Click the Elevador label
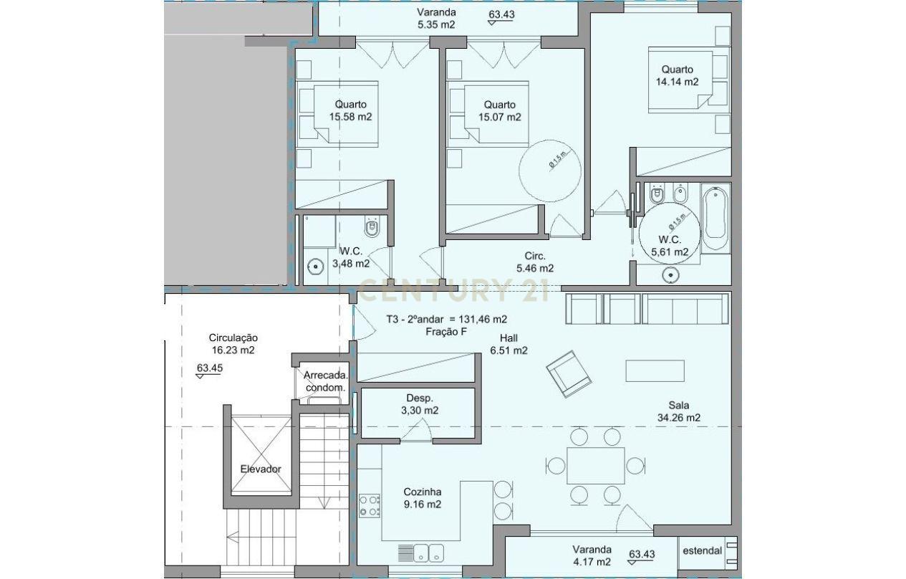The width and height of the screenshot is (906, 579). tap(261, 469)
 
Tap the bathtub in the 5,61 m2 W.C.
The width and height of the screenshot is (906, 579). tap(716, 218)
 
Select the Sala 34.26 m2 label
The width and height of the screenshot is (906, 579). tap(678, 411)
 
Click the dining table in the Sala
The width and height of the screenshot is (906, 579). tap(595, 466)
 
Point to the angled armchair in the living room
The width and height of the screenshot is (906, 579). tap(569, 373)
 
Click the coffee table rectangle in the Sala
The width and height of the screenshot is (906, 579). tap(655, 370)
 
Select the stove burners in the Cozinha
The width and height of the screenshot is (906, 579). tap(370, 505)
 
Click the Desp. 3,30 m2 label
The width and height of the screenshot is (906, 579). tap(419, 404)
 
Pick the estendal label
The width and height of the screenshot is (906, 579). tap(701, 551)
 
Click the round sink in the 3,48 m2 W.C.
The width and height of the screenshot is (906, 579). tap(315, 267)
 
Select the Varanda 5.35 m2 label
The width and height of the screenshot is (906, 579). tap(437, 19)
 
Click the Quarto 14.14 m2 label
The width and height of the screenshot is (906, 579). tap(677, 75)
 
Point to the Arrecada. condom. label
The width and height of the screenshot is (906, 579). tap(326, 381)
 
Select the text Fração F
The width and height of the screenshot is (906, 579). tap(447, 331)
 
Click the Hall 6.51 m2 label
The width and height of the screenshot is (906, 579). tap(509, 344)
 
